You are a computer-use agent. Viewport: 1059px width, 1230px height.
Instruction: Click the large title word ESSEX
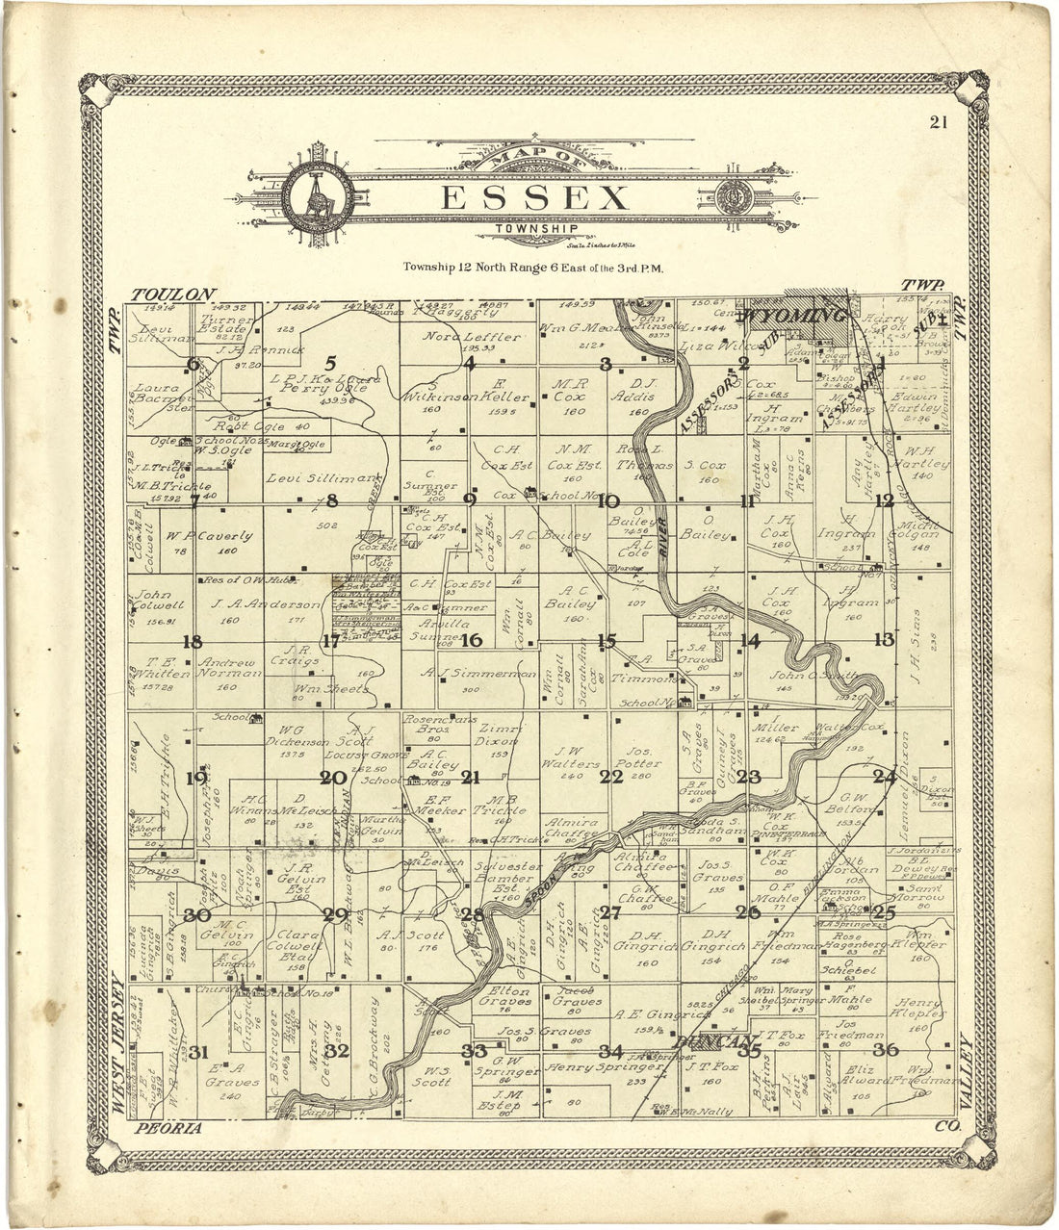point(535,199)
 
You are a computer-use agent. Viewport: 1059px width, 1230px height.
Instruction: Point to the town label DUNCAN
point(711,1041)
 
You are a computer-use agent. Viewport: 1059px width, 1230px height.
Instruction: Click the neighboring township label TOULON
point(174,294)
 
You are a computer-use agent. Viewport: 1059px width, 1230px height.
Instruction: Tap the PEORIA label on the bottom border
point(169,1128)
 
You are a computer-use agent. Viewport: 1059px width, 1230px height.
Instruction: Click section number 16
point(471,640)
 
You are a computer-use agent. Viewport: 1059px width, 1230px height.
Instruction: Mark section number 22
point(611,777)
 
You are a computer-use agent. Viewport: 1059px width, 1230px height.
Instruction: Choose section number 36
point(886,1049)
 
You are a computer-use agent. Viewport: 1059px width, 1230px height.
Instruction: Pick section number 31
point(198,1051)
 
